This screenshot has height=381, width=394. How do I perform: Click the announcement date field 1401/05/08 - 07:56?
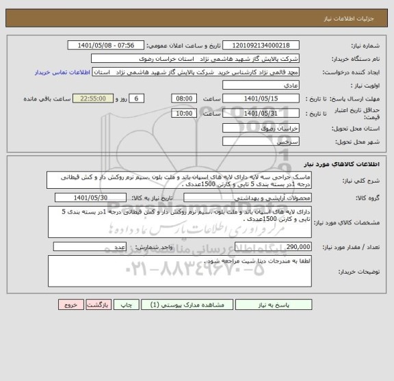107,45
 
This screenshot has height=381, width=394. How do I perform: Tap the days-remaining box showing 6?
137,99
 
